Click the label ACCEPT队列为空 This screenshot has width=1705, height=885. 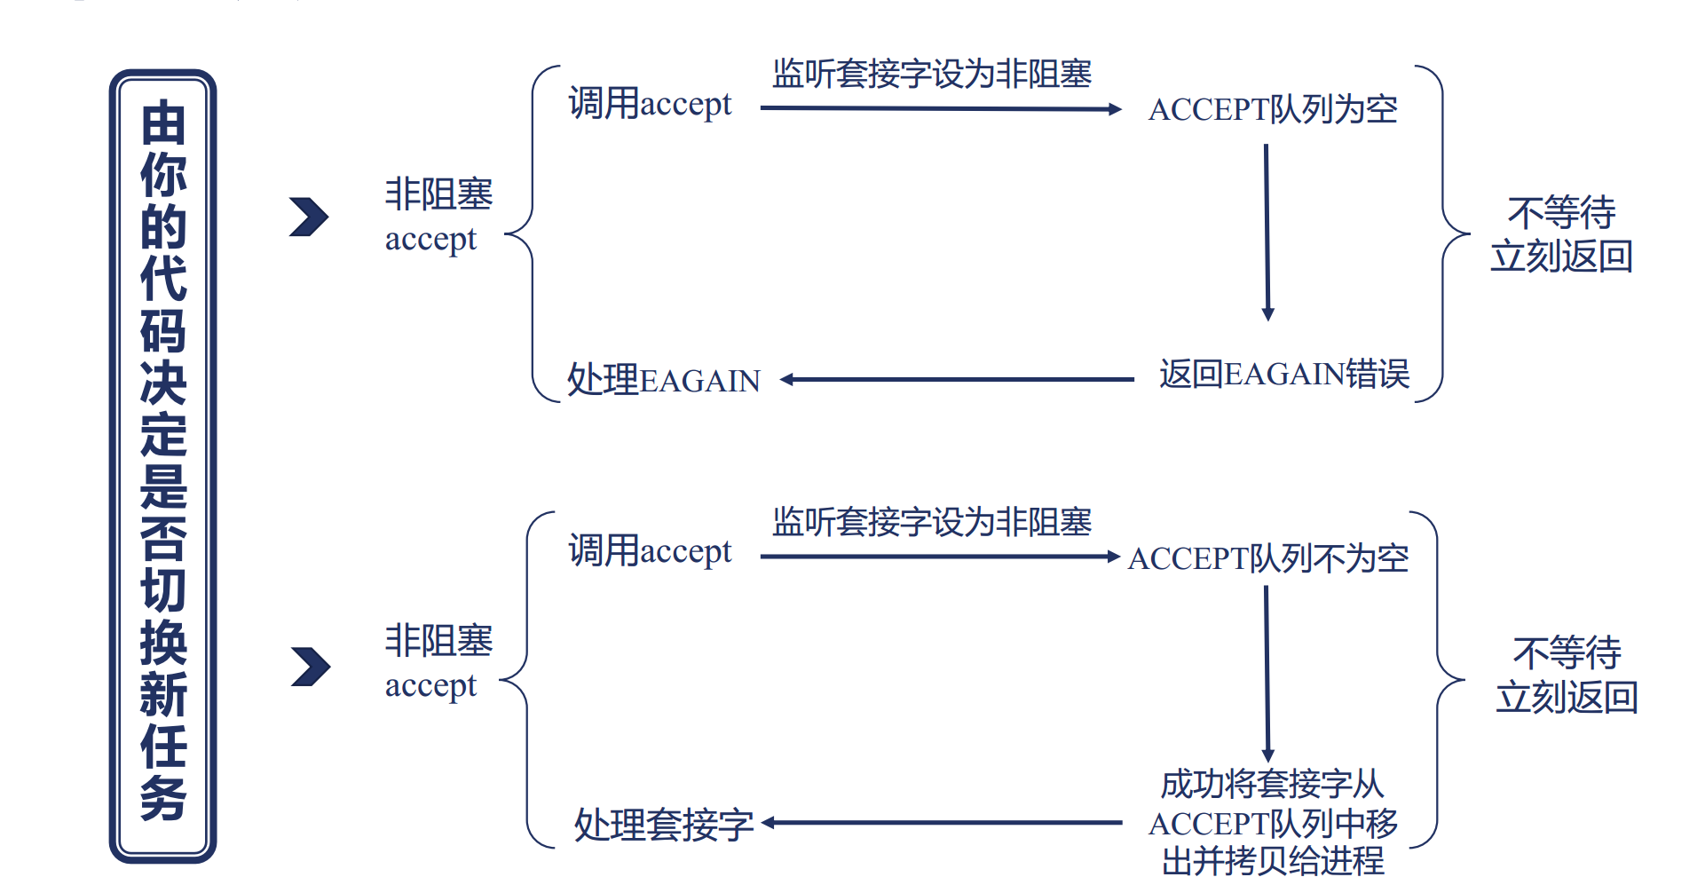1272,109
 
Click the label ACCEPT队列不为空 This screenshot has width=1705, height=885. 1268,558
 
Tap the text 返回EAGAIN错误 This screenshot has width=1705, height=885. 1283,374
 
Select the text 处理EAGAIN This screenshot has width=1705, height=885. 664,380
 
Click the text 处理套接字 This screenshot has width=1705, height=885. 664,825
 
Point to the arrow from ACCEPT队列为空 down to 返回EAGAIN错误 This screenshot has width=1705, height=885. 1267,231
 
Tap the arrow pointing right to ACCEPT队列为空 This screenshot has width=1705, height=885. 941,108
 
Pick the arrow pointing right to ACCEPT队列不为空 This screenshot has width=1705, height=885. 941,557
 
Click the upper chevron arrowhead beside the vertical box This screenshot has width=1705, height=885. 309,217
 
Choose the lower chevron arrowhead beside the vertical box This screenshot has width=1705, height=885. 311,667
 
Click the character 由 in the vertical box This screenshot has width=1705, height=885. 163,122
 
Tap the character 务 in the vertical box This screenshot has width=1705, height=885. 163,797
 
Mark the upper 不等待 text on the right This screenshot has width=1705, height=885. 1561,213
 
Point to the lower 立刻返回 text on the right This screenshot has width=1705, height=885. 1567,698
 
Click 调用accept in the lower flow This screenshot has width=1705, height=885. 650,551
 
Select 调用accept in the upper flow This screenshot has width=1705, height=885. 650,104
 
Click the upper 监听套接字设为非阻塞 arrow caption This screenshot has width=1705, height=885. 932,74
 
